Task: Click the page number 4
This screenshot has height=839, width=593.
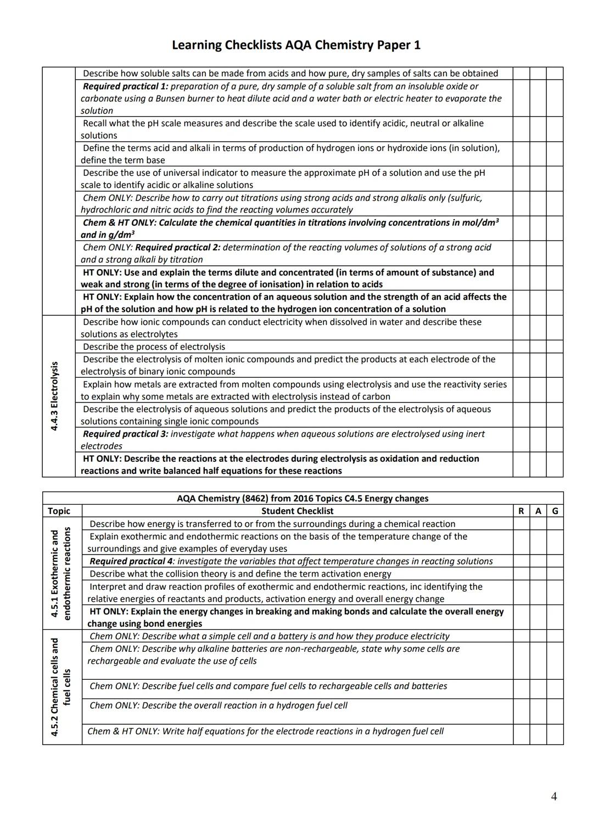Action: [553, 796]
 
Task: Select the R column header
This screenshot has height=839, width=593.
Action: [521, 511]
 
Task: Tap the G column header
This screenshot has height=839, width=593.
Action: [555, 511]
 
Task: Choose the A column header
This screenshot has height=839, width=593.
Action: [538, 511]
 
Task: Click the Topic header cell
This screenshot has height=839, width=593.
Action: [59, 511]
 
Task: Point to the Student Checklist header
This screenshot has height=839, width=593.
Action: [297, 511]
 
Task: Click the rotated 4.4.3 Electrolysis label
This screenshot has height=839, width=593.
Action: [54, 395]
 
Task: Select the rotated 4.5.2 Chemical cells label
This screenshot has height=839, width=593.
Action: [55, 686]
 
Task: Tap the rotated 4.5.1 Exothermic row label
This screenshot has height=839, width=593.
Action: [55, 574]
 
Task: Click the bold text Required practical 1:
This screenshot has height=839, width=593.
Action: [126, 86]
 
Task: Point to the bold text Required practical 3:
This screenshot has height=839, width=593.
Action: [126, 434]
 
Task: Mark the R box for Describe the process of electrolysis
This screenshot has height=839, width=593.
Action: [521, 346]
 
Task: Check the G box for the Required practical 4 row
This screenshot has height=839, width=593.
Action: [555, 561]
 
